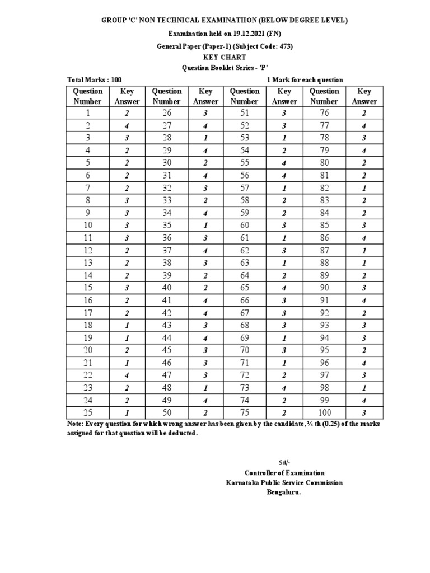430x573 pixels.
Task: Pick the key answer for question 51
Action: [284, 113]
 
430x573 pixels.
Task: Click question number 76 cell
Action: [324, 113]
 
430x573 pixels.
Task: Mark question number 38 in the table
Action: [166, 264]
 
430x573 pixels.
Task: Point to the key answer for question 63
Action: [284, 264]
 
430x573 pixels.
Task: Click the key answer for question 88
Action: [364, 264]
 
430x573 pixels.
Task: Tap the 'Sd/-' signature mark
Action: [285, 462]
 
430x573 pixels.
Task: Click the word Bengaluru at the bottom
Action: [284, 492]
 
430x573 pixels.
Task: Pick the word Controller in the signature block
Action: [263, 473]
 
